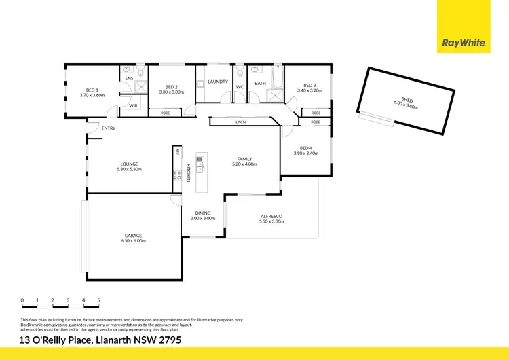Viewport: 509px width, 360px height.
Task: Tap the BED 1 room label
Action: pos(92,90)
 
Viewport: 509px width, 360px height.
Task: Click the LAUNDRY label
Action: pos(218,82)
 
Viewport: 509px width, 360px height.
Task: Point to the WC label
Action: pos(240,87)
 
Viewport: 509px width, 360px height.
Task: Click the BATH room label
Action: pos(260,83)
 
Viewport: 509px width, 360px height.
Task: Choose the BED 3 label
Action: pos(309,85)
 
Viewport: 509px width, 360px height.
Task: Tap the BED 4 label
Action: pos(306,148)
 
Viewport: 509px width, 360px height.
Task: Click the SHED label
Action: pos(407,100)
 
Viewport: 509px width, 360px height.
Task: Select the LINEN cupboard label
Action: pos(240,122)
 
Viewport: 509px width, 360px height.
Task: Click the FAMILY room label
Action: pos(245,158)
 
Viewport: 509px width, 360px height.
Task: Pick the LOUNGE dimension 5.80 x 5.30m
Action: pos(130,169)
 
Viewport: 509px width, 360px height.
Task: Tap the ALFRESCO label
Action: pos(271,216)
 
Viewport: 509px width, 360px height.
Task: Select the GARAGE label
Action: pos(133,235)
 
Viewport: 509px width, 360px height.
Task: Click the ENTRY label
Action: pos(109,128)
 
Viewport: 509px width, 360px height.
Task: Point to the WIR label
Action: pos(133,106)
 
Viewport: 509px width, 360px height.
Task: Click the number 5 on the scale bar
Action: pos(99,300)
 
